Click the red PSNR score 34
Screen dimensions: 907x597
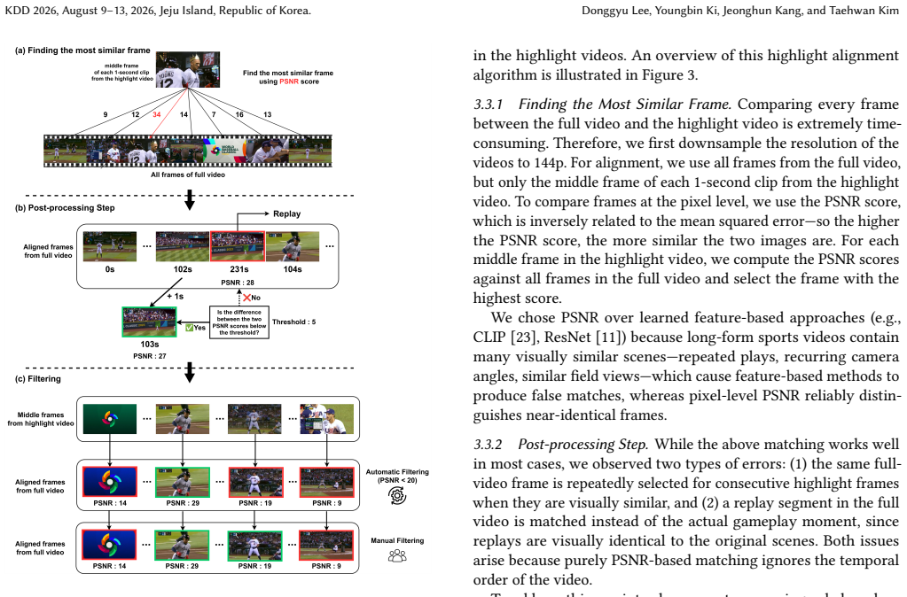pyautogui.click(x=157, y=114)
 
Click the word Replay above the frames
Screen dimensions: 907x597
pyautogui.click(x=287, y=213)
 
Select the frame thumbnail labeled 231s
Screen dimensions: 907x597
pyautogui.click(x=238, y=246)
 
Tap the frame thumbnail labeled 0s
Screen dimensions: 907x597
pyautogui.click(x=110, y=246)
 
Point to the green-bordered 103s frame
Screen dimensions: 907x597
pyautogui.click(x=149, y=322)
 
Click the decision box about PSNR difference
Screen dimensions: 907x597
pyautogui.click(x=238, y=322)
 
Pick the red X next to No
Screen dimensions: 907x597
pyautogui.click(x=247, y=298)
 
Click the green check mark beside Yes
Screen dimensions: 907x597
pyautogui.click(x=189, y=328)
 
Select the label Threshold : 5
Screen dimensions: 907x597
pyautogui.click(x=293, y=322)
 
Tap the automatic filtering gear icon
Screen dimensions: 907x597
pyautogui.click(x=397, y=495)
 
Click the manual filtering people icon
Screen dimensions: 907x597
pyautogui.click(x=397, y=556)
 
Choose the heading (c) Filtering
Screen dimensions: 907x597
pyautogui.click(x=37, y=378)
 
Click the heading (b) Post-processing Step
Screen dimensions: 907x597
pyautogui.click(x=65, y=207)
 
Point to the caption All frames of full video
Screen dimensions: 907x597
pyautogui.click(x=188, y=174)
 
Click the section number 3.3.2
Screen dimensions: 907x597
pyautogui.click(x=488, y=445)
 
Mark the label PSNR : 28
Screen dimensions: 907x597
pyautogui.click(x=237, y=283)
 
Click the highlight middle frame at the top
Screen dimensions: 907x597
pyautogui.click(x=188, y=69)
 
